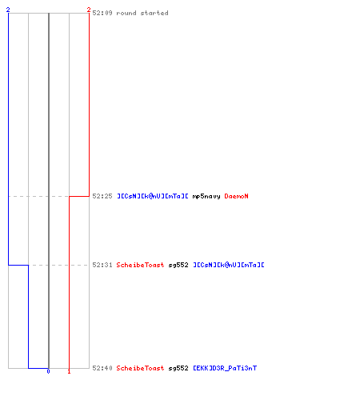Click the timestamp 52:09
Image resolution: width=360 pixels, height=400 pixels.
[x=102, y=13]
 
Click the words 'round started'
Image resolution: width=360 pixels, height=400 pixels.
[x=142, y=13]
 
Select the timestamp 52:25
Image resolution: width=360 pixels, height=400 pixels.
[x=102, y=196]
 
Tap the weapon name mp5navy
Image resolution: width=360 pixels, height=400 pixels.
[x=206, y=197]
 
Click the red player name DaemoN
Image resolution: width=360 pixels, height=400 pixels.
[x=236, y=196]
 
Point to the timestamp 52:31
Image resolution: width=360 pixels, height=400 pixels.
[x=102, y=265]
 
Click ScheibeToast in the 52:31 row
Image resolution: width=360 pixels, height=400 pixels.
[x=140, y=265]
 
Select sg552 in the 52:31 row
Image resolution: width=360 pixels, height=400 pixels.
[x=178, y=265]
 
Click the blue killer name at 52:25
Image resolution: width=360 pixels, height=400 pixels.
[x=153, y=196]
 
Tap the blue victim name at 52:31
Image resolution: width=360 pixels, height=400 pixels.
[x=229, y=265]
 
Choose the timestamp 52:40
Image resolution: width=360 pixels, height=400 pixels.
[x=102, y=368]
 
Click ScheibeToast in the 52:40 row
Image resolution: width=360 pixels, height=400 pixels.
[x=140, y=368]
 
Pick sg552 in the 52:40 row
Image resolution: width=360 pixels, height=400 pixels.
[x=178, y=368]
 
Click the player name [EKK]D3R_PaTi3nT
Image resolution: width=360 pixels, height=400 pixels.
[x=225, y=368]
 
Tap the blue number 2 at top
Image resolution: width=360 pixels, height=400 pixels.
[x=8, y=10]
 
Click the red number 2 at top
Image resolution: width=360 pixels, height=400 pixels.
[x=89, y=10]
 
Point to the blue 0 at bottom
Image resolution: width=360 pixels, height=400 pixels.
[x=48, y=371]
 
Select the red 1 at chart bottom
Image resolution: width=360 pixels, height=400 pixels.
[x=69, y=371]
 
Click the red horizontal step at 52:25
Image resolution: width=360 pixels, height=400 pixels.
[x=79, y=196]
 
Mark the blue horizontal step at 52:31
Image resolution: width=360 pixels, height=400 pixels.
[x=18, y=265]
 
